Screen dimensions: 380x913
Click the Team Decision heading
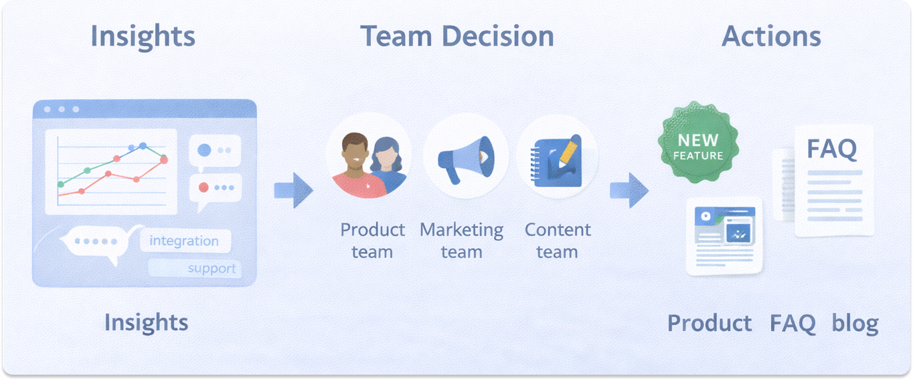pyautogui.click(x=457, y=36)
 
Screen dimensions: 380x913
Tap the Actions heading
pyautogui.click(x=771, y=36)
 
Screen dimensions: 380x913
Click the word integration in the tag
pyautogui.click(x=184, y=241)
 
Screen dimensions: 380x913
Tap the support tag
pyautogui.click(x=212, y=269)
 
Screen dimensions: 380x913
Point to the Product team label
pyautogui.click(x=372, y=241)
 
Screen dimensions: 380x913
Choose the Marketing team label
pyautogui.click(x=461, y=241)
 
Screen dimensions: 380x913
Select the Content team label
pyautogui.click(x=557, y=241)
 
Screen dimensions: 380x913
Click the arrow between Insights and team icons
pyautogui.click(x=293, y=190)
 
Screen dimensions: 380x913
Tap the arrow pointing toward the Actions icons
pyautogui.click(x=629, y=190)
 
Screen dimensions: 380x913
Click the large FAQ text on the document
pyautogui.click(x=831, y=149)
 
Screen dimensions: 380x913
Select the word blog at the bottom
pyautogui.click(x=855, y=323)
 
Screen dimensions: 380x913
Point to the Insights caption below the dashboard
pyautogui.click(x=146, y=323)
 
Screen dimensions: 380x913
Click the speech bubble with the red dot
pyautogui.click(x=215, y=190)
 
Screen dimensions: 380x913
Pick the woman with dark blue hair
pyautogui.click(x=386, y=163)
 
